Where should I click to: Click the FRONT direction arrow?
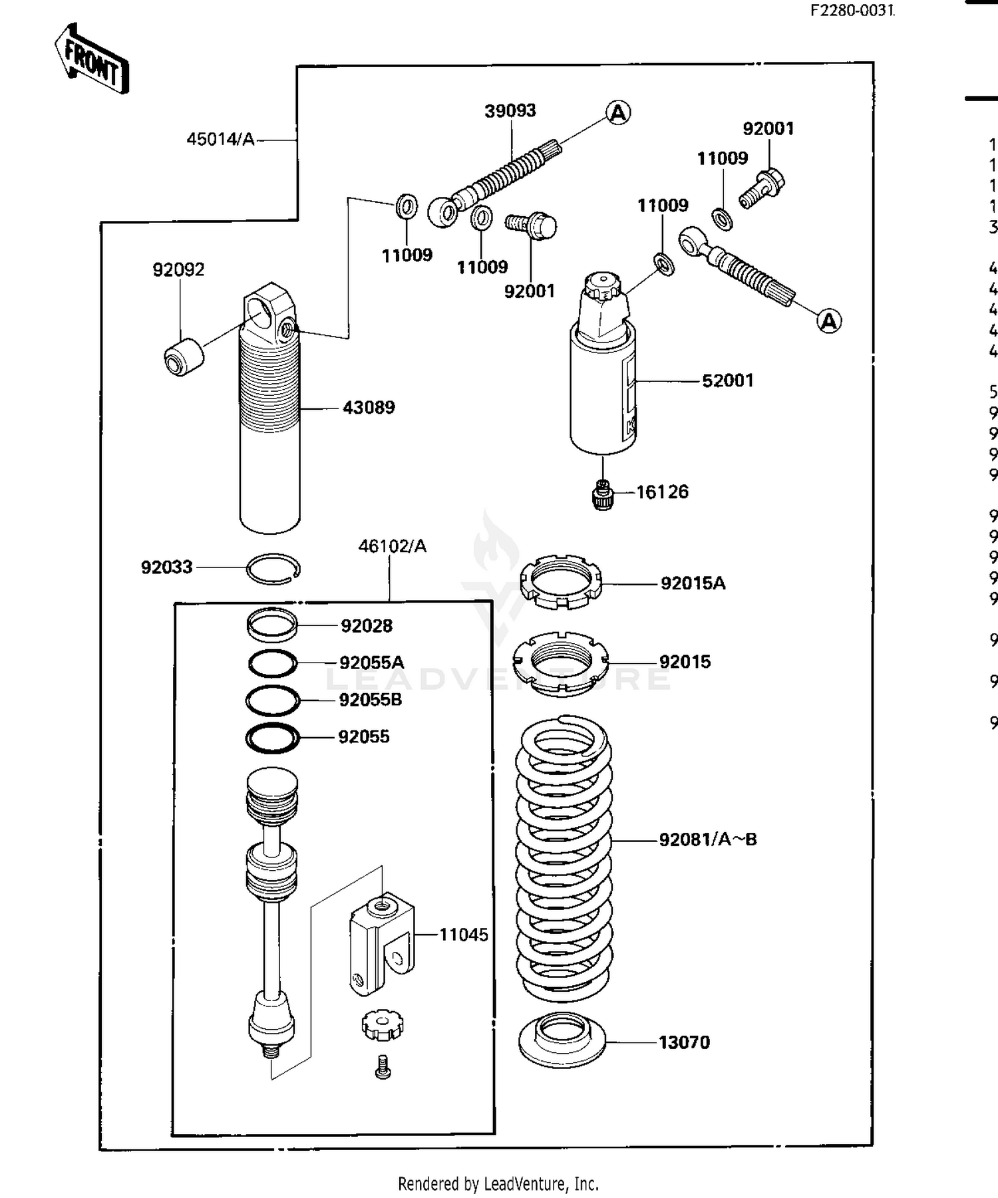click(x=91, y=59)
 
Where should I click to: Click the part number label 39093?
click(x=510, y=110)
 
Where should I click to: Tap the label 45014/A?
click(x=220, y=140)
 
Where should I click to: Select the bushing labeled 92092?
click(x=183, y=357)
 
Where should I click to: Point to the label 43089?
click(x=369, y=408)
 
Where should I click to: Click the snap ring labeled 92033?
click(x=273, y=569)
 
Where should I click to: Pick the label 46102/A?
click(x=392, y=546)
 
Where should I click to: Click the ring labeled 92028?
click(x=271, y=625)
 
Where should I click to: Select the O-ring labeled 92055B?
click(x=273, y=700)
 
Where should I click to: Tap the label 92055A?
click(x=371, y=663)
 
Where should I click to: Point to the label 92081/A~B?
click(x=707, y=839)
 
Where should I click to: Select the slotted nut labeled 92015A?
click(x=561, y=581)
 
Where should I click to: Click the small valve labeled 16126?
click(x=602, y=495)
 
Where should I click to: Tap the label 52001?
click(x=727, y=381)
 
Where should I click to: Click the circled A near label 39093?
click(x=618, y=113)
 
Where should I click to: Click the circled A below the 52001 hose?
click(x=828, y=322)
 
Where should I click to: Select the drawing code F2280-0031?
click(x=852, y=11)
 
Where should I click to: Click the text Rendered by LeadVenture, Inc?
click(x=498, y=1184)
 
